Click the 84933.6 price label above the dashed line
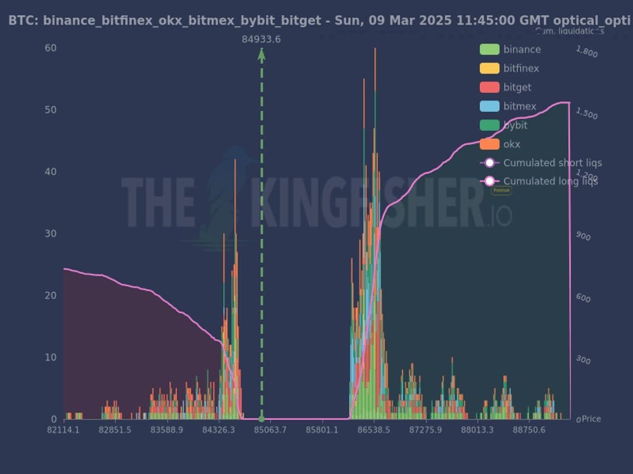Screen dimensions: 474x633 click(261, 39)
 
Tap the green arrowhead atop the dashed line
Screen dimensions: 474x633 click(261, 54)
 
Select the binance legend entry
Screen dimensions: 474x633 click(522, 49)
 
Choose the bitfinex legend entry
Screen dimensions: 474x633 click(521, 68)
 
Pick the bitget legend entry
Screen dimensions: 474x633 click(517, 87)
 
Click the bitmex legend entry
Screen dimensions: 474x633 click(520, 106)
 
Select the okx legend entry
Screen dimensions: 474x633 click(511, 144)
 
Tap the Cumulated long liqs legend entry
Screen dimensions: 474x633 click(550, 181)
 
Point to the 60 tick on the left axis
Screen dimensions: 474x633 click(51, 48)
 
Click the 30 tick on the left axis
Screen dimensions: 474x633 click(51, 234)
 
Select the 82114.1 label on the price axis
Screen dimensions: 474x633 click(63, 430)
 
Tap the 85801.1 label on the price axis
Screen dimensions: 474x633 click(322, 430)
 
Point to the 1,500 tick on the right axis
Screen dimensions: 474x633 click(586, 114)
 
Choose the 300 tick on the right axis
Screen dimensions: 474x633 click(582, 360)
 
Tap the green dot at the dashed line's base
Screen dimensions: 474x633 click(261, 419)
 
